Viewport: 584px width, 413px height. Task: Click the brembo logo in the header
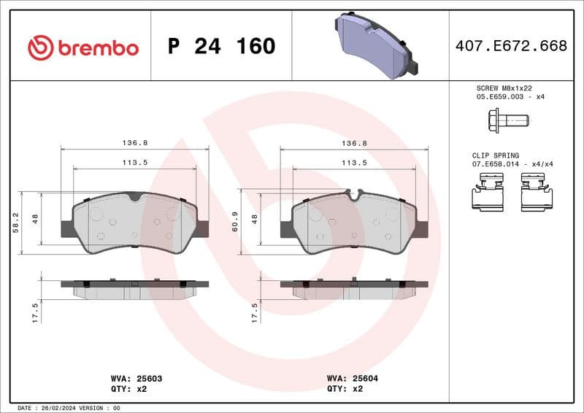82,48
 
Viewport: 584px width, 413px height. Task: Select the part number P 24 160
221,47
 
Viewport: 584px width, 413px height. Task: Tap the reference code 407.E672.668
511,47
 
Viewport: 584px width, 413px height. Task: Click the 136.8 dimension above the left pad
134,144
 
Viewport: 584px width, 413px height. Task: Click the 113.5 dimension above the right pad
354,163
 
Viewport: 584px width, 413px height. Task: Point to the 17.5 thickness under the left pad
34,312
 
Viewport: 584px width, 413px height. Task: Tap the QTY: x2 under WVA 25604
346,390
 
